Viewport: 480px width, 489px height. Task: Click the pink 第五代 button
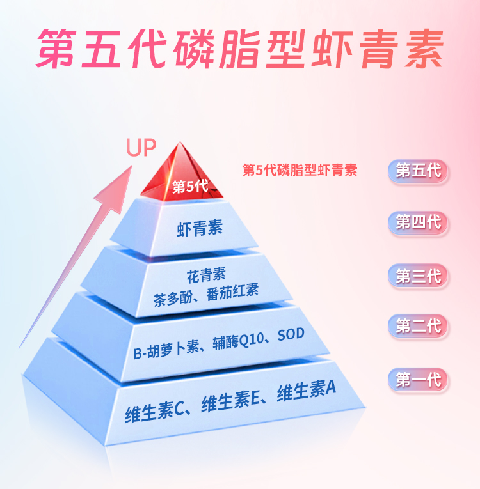pos(419,171)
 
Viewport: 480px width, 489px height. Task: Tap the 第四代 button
pos(419,223)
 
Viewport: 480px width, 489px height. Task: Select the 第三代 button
pos(419,276)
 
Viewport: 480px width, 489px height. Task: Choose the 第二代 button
pos(419,327)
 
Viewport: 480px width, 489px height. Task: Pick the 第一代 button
pos(419,380)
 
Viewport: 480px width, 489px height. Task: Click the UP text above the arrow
pos(141,148)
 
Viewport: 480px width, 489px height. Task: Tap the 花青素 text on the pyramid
pos(206,276)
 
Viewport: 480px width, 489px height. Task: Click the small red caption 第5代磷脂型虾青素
pos(300,171)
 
